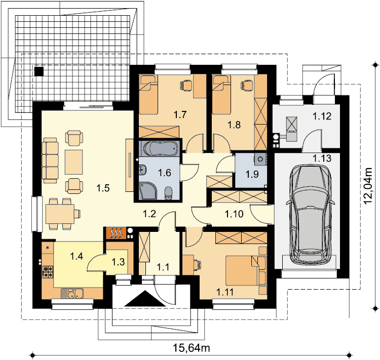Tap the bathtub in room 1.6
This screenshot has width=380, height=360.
pos(159,148)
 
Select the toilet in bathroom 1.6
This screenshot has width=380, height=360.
pos(168,193)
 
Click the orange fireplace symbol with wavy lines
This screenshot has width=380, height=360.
pos(117,233)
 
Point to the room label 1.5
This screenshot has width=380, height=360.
pos(103,188)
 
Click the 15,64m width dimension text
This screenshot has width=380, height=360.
pos(191,348)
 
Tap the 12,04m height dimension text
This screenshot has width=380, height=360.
pos(368,186)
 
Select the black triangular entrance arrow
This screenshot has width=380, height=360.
pos(145,299)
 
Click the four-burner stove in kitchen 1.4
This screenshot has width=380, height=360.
pos(48,271)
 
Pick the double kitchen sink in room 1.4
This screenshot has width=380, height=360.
pos(72,293)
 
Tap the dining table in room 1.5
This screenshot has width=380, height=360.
pos(60,214)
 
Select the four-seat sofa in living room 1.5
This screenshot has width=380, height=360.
pos(50,161)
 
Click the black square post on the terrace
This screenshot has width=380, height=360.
pos(39,71)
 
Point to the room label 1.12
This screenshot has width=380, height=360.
pos(322,116)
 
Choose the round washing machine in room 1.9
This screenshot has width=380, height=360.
pos(260,159)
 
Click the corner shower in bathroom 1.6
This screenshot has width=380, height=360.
pos(148,191)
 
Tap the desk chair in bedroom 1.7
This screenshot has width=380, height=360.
pos(185,86)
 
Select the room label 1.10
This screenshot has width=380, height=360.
pos(234,214)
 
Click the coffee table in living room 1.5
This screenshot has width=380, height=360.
pos(74,162)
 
